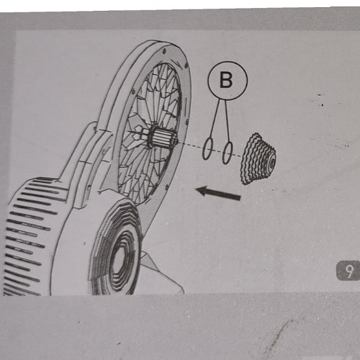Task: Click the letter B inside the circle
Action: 226,80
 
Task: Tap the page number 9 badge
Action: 348,271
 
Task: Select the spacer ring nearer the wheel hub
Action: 207,148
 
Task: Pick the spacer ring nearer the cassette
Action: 228,153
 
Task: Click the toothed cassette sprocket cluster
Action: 258,159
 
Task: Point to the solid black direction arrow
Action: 218,193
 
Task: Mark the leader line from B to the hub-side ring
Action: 215,118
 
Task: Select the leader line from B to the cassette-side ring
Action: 228,121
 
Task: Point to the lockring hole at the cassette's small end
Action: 272,163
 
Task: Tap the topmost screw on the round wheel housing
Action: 164,51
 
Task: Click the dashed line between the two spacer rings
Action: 217,151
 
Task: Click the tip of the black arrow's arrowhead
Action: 196,189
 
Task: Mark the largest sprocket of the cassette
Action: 246,160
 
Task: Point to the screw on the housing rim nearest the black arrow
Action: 166,186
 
